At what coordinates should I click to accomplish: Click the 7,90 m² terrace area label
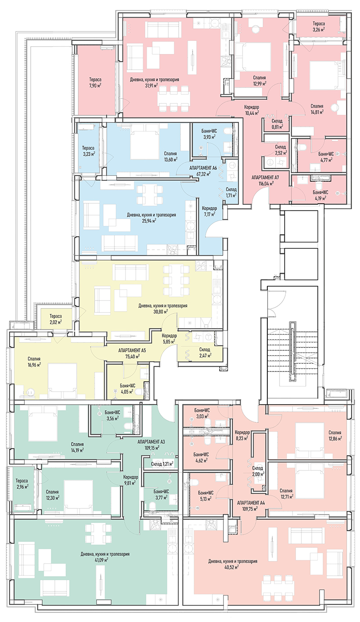[x=94, y=85]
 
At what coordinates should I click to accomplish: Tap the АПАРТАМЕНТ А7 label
[x=265, y=178]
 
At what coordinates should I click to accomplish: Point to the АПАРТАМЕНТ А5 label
[x=132, y=349]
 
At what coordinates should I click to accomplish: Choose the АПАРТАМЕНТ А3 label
[x=151, y=442]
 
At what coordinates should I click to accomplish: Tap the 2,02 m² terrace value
[x=56, y=322]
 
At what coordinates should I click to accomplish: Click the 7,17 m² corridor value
[x=210, y=214]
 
